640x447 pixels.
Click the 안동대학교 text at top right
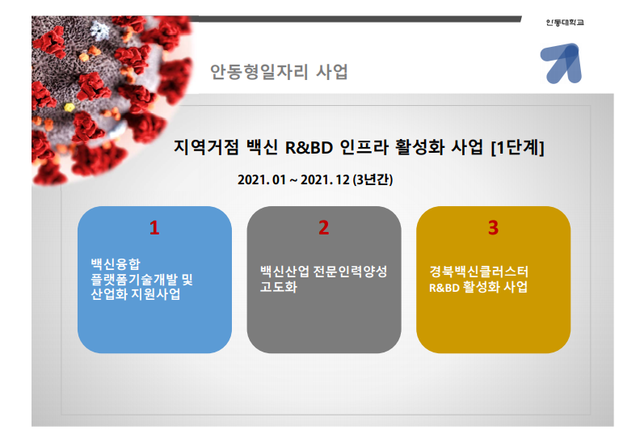click(x=565, y=21)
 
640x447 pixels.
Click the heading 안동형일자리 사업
click(x=279, y=72)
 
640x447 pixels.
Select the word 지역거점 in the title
click(x=201, y=148)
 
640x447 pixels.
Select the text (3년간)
click(x=373, y=179)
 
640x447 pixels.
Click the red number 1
click(x=154, y=228)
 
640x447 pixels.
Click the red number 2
click(x=323, y=228)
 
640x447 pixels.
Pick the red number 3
click(x=493, y=228)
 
